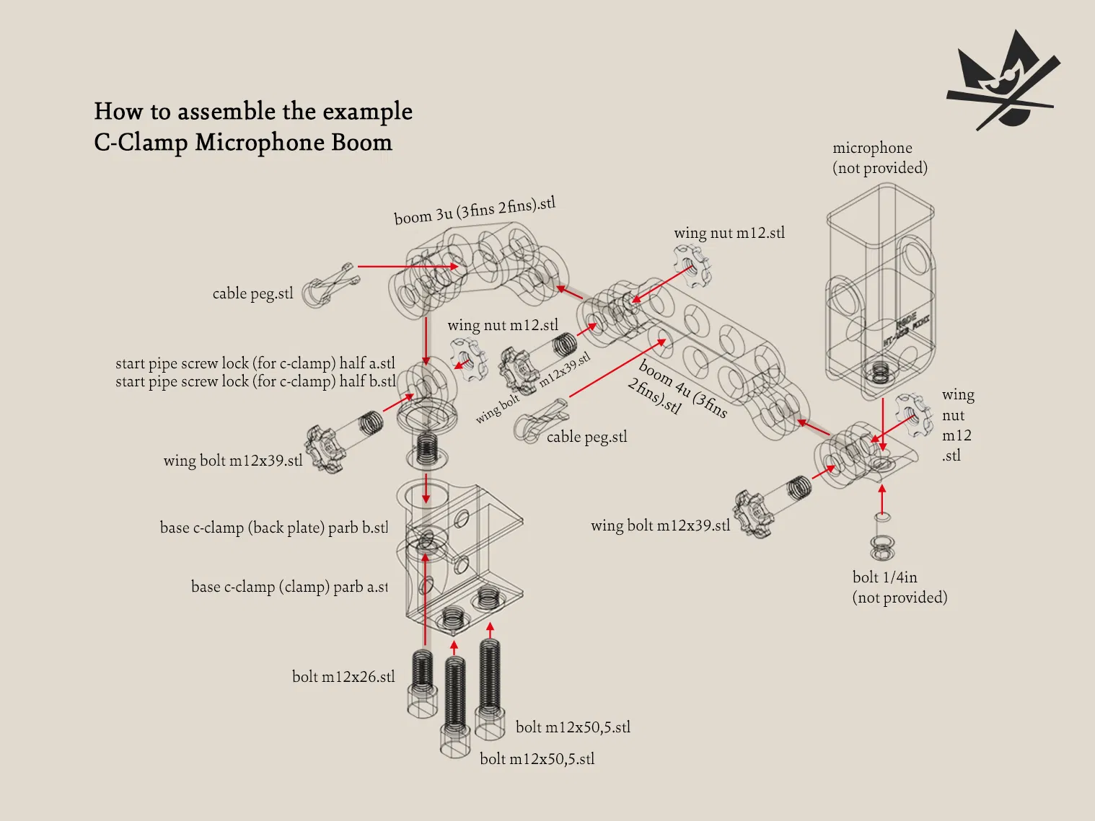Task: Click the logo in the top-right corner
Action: click(x=1003, y=81)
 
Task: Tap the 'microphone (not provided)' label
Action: click(x=879, y=158)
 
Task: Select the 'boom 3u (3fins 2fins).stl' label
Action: click(x=475, y=210)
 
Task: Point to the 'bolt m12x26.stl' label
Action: click(x=343, y=677)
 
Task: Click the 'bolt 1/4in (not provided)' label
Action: click(x=900, y=587)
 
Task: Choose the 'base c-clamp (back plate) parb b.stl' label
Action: click(x=274, y=528)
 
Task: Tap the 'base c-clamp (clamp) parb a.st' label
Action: click(x=289, y=587)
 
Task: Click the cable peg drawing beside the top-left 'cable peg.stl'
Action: click(x=329, y=285)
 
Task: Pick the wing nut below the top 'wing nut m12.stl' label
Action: click(x=692, y=265)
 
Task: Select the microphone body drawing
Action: click(x=880, y=288)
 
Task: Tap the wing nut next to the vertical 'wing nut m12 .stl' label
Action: click(x=913, y=414)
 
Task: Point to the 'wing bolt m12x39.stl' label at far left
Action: click(x=232, y=461)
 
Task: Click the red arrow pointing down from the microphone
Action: click(x=883, y=425)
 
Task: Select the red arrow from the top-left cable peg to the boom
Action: click(x=408, y=267)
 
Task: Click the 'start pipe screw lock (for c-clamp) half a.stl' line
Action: click(x=255, y=363)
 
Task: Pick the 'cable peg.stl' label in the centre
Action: click(x=586, y=437)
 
